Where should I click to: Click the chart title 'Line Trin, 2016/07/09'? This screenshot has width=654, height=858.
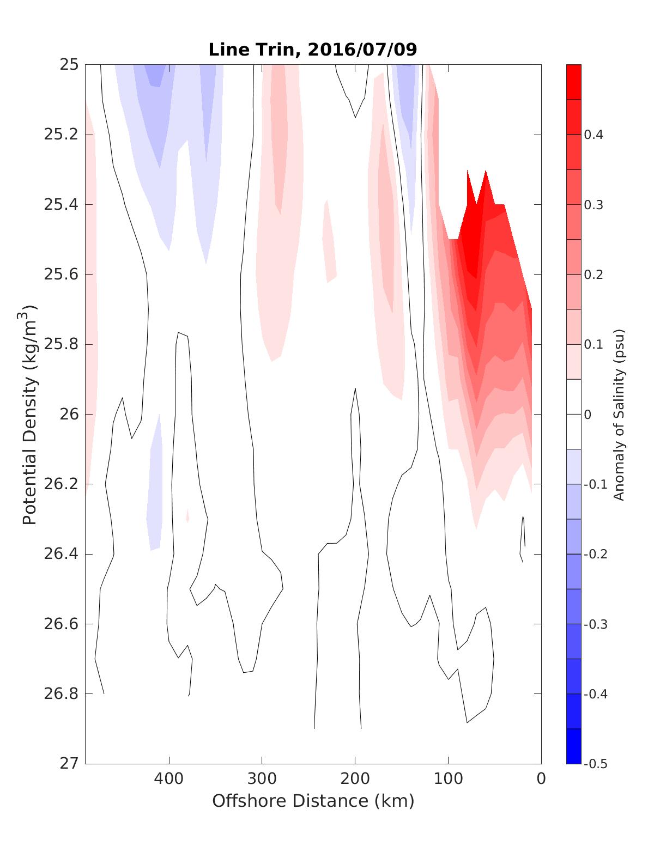click(x=313, y=50)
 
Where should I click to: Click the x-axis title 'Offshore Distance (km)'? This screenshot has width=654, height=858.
click(x=313, y=801)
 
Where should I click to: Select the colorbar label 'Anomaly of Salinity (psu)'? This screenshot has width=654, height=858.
click(x=618, y=415)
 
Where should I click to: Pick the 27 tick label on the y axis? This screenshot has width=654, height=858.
click(x=69, y=763)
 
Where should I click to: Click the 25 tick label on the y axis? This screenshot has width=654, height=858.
click(x=69, y=65)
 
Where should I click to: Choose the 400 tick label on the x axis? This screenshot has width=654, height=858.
click(x=169, y=779)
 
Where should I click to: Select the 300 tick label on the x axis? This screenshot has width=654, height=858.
click(x=262, y=779)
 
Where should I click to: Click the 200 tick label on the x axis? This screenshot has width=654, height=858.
click(x=355, y=779)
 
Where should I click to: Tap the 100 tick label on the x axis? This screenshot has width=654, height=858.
click(x=449, y=779)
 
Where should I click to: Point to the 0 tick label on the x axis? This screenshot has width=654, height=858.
click(x=541, y=779)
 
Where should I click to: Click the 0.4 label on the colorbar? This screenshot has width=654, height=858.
click(x=593, y=135)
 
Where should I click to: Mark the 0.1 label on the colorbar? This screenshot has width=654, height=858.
click(x=593, y=344)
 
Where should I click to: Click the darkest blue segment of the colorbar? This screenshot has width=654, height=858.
click(x=574, y=746)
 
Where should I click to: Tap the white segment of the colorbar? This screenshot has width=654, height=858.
click(x=574, y=414)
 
